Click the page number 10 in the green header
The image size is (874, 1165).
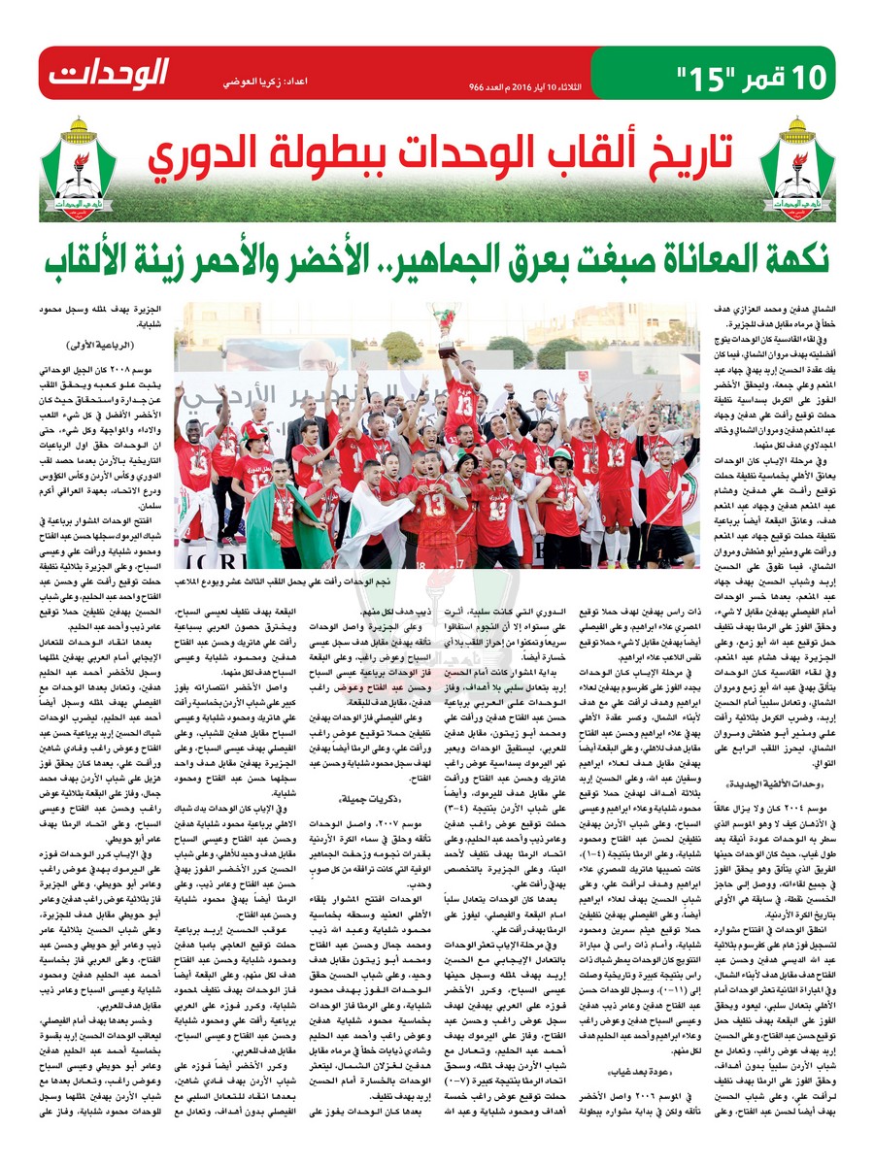[813, 73]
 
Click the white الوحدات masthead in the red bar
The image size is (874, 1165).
[109, 72]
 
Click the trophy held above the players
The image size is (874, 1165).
[446, 330]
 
